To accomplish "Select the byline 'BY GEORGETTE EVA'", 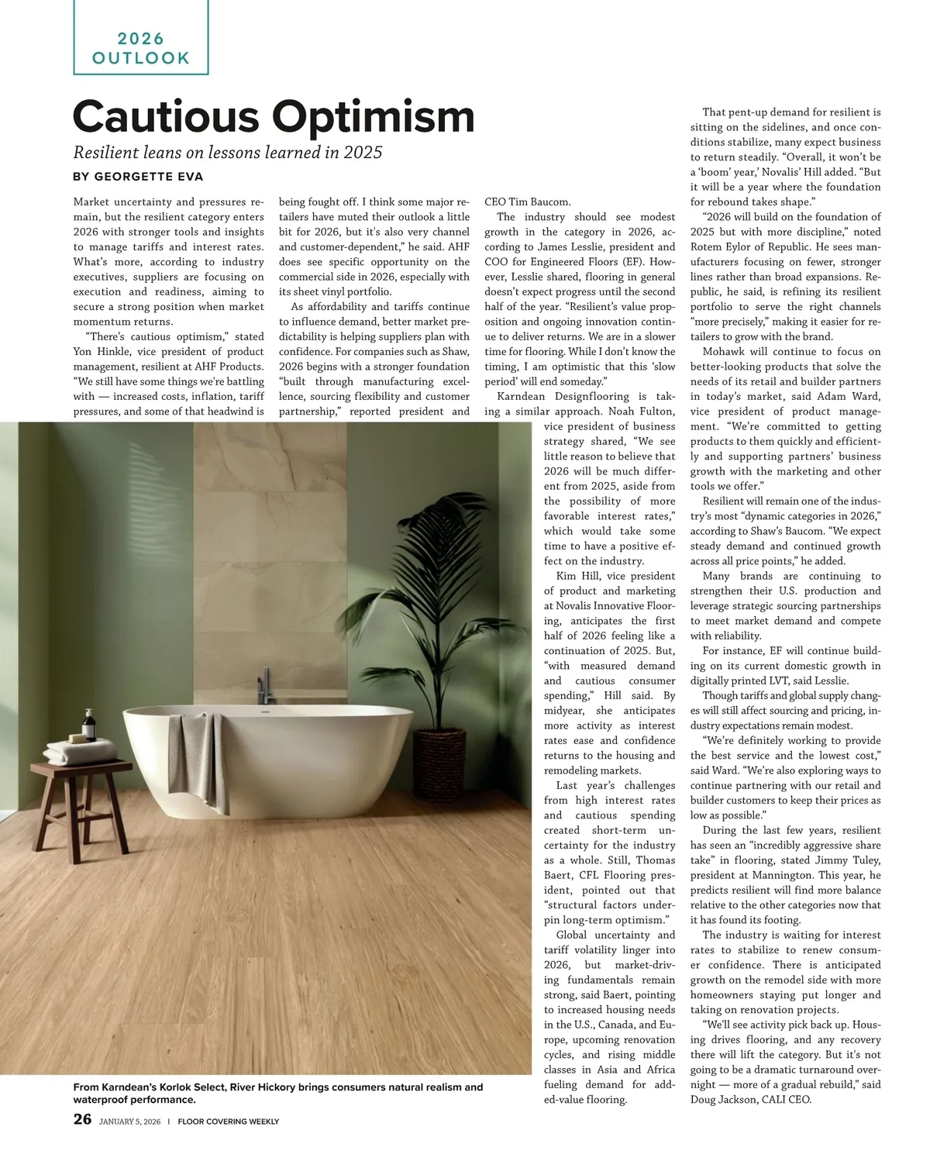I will (x=138, y=177).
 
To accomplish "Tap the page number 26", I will (x=82, y=1119).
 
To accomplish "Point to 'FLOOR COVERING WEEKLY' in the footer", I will (x=229, y=1121).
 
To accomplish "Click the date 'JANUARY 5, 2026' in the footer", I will (x=131, y=1121).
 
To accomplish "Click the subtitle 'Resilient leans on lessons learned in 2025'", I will (x=227, y=152).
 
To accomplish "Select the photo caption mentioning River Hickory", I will (x=277, y=1093).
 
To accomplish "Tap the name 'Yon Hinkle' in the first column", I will (x=101, y=352).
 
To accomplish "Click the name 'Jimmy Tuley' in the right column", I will (x=825, y=860).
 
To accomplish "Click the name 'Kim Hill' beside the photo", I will (x=577, y=576).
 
